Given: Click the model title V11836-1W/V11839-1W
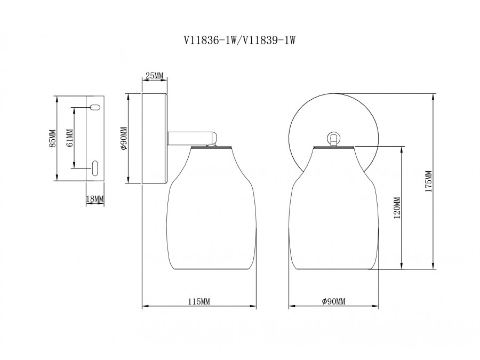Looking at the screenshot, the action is (x=239, y=40).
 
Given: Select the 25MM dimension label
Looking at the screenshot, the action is (x=155, y=75).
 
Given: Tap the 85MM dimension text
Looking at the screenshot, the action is (x=53, y=138).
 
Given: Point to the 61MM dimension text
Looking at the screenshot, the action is (x=70, y=138).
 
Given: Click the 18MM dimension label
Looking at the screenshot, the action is (x=95, y=199).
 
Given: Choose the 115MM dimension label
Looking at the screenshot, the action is (x=199, y=301).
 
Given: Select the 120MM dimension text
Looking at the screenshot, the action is (x=397, y=207).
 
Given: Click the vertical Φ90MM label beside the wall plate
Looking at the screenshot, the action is (x=124, y=138).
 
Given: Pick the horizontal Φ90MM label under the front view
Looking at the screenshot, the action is (x=334, y=301).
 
